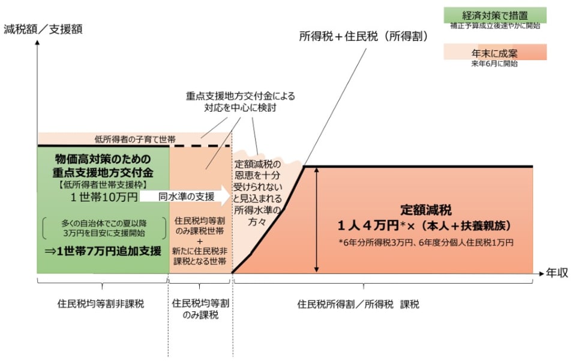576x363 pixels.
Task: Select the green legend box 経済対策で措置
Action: (495, 14)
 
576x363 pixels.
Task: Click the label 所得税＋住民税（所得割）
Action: (363, 36)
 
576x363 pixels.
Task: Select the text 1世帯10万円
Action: (105, 197)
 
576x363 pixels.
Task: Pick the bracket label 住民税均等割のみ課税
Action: (199, 309)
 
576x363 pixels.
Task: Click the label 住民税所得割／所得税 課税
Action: (358, 304)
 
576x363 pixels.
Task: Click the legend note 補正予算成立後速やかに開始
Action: (495, 26)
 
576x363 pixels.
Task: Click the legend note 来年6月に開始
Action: (494, 64)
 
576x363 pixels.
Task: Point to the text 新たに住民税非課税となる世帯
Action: (199, 257)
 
